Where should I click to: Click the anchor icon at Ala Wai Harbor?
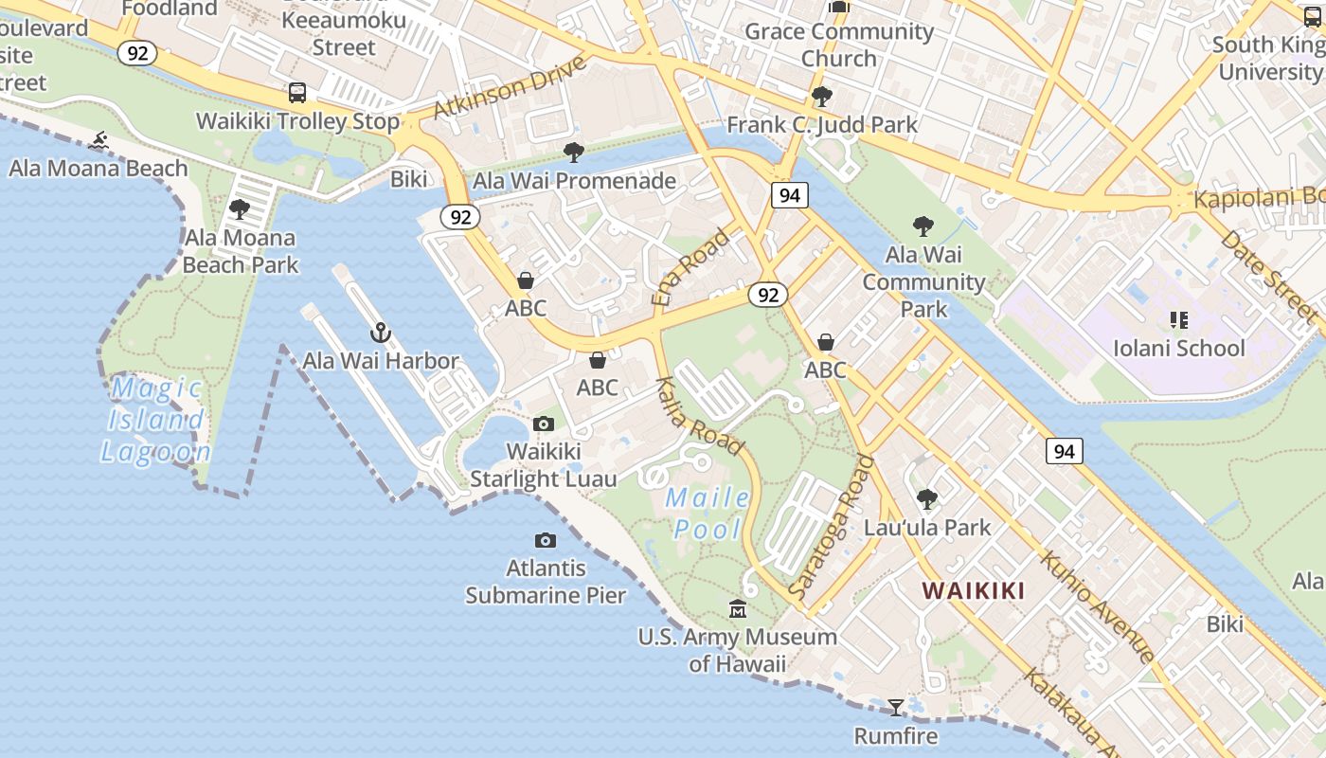point(380,332)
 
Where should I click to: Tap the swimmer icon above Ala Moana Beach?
point(98,141)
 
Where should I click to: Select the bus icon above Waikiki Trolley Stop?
point(297,93)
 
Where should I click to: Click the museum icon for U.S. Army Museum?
point(737,608)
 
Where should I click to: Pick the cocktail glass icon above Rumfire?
point(895,707)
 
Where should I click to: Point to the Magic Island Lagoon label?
point(155,420)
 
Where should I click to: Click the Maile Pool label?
point(708,513)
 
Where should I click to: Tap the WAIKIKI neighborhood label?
point(974,591)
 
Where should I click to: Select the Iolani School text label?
point(1178,348)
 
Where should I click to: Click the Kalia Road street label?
point(700,409)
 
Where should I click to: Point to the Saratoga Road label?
point(832,525)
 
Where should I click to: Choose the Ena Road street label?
point(691,266)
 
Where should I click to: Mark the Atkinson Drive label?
point(510,87)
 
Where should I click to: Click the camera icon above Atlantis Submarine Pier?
point(546,540)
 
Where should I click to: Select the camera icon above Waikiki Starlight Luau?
point(544,424)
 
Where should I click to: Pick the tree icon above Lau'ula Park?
point(927,498)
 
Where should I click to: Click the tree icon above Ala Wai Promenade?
point(573,152)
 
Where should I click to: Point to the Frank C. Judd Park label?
point(821,124)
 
